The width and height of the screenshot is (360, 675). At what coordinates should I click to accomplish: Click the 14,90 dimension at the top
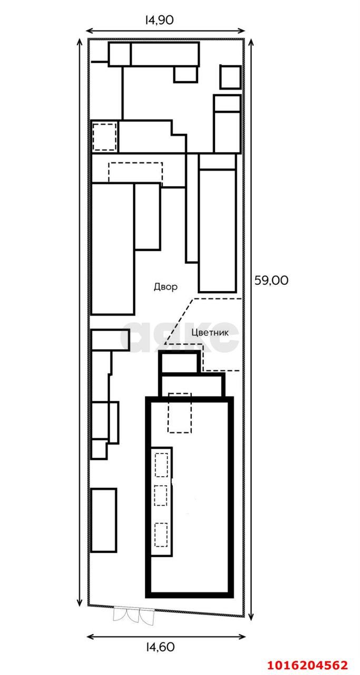pos(159,20)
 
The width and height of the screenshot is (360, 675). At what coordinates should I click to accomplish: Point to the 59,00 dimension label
pos(271,281)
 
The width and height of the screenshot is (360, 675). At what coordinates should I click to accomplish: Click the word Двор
pos(166,287)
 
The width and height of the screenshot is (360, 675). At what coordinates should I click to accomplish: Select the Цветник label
pos(210,333)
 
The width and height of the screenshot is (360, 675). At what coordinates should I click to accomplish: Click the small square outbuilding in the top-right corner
pos(230,77)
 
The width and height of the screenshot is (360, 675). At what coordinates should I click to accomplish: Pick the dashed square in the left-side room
pos(104,137)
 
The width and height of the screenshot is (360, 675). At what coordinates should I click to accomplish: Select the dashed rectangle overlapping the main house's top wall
pos(180,413)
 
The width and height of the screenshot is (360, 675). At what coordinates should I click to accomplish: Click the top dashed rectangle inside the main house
pos(161,465)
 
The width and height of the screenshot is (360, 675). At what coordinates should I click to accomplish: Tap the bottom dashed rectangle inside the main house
pos(161,535)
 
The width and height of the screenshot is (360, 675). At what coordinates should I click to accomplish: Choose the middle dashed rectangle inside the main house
pos(161,496)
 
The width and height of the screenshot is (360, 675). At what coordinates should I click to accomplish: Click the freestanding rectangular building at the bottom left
pos(103,520)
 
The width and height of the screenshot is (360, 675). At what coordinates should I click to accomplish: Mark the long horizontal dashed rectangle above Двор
pos(135,172)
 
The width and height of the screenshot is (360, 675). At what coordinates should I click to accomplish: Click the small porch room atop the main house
pos(180,362)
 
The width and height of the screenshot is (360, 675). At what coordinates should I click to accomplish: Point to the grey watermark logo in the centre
pos(179,337)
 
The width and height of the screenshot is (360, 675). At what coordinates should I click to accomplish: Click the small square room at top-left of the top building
pos(120,54)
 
